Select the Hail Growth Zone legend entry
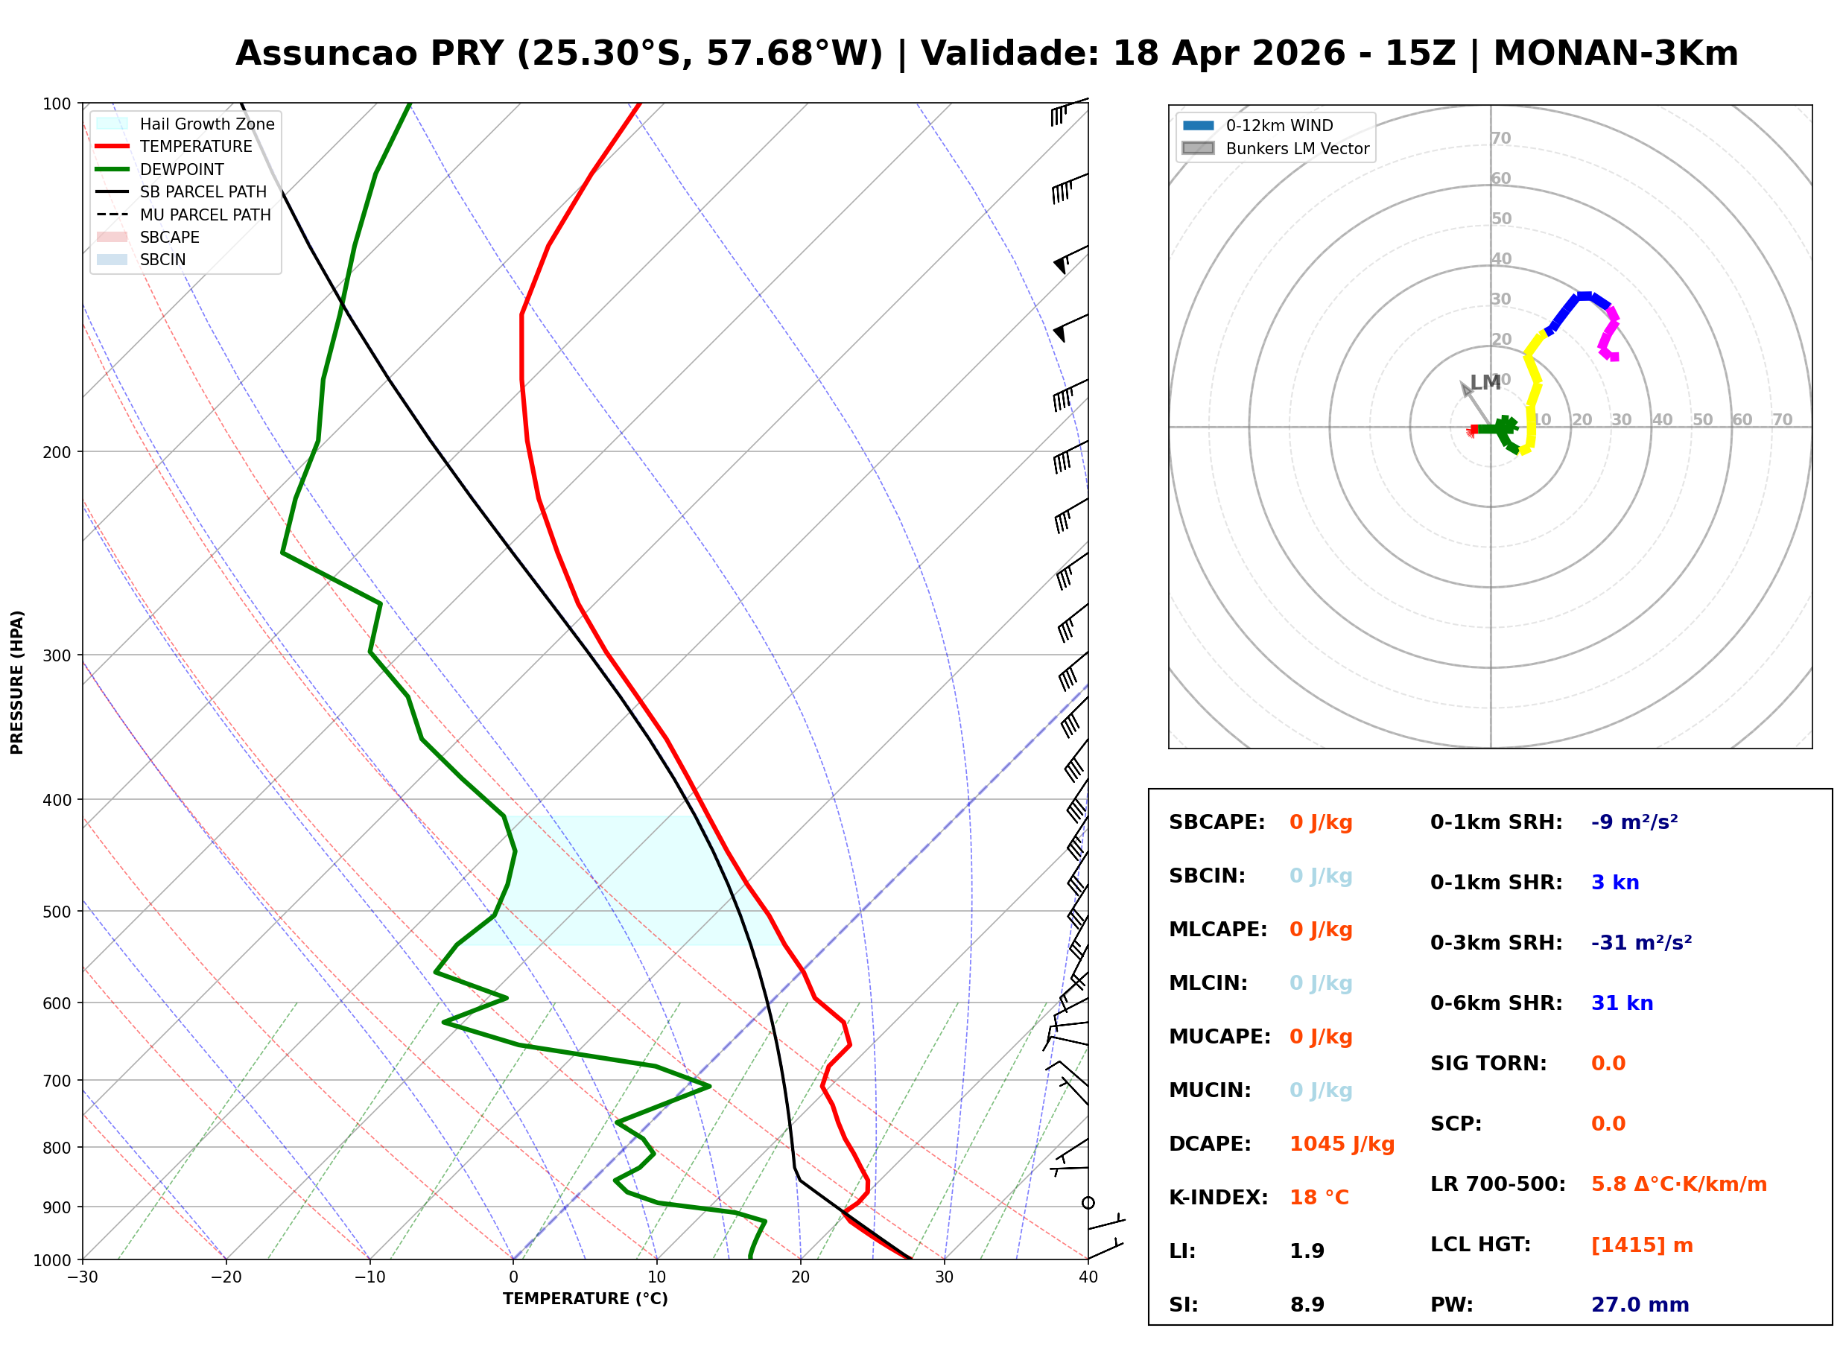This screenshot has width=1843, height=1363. (206, 124)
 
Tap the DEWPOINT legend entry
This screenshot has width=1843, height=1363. (182, 169)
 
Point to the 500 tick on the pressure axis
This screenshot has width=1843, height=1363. (56, 912)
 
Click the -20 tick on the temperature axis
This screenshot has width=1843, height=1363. (226, 1277)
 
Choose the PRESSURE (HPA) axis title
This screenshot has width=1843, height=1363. (16, 682)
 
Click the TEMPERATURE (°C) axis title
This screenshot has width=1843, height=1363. (585, 1299)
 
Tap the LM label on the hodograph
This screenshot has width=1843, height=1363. (1485, 383)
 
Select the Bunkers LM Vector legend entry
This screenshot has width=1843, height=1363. (1297, 148)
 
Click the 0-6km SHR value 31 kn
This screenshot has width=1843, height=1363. (1622, 1003)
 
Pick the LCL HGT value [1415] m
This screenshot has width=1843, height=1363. (1642, 1245)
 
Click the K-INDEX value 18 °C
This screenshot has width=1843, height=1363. (1319, 1198)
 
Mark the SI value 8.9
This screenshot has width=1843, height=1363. (1307, 1304)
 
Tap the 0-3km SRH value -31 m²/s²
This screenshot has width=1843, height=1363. (1641, 942)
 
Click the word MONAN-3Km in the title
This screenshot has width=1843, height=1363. (1615, 54)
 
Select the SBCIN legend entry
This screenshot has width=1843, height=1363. (162, 260)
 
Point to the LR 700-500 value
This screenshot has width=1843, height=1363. (1679, 1185)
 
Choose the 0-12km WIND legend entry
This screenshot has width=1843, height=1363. (1279, 125)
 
